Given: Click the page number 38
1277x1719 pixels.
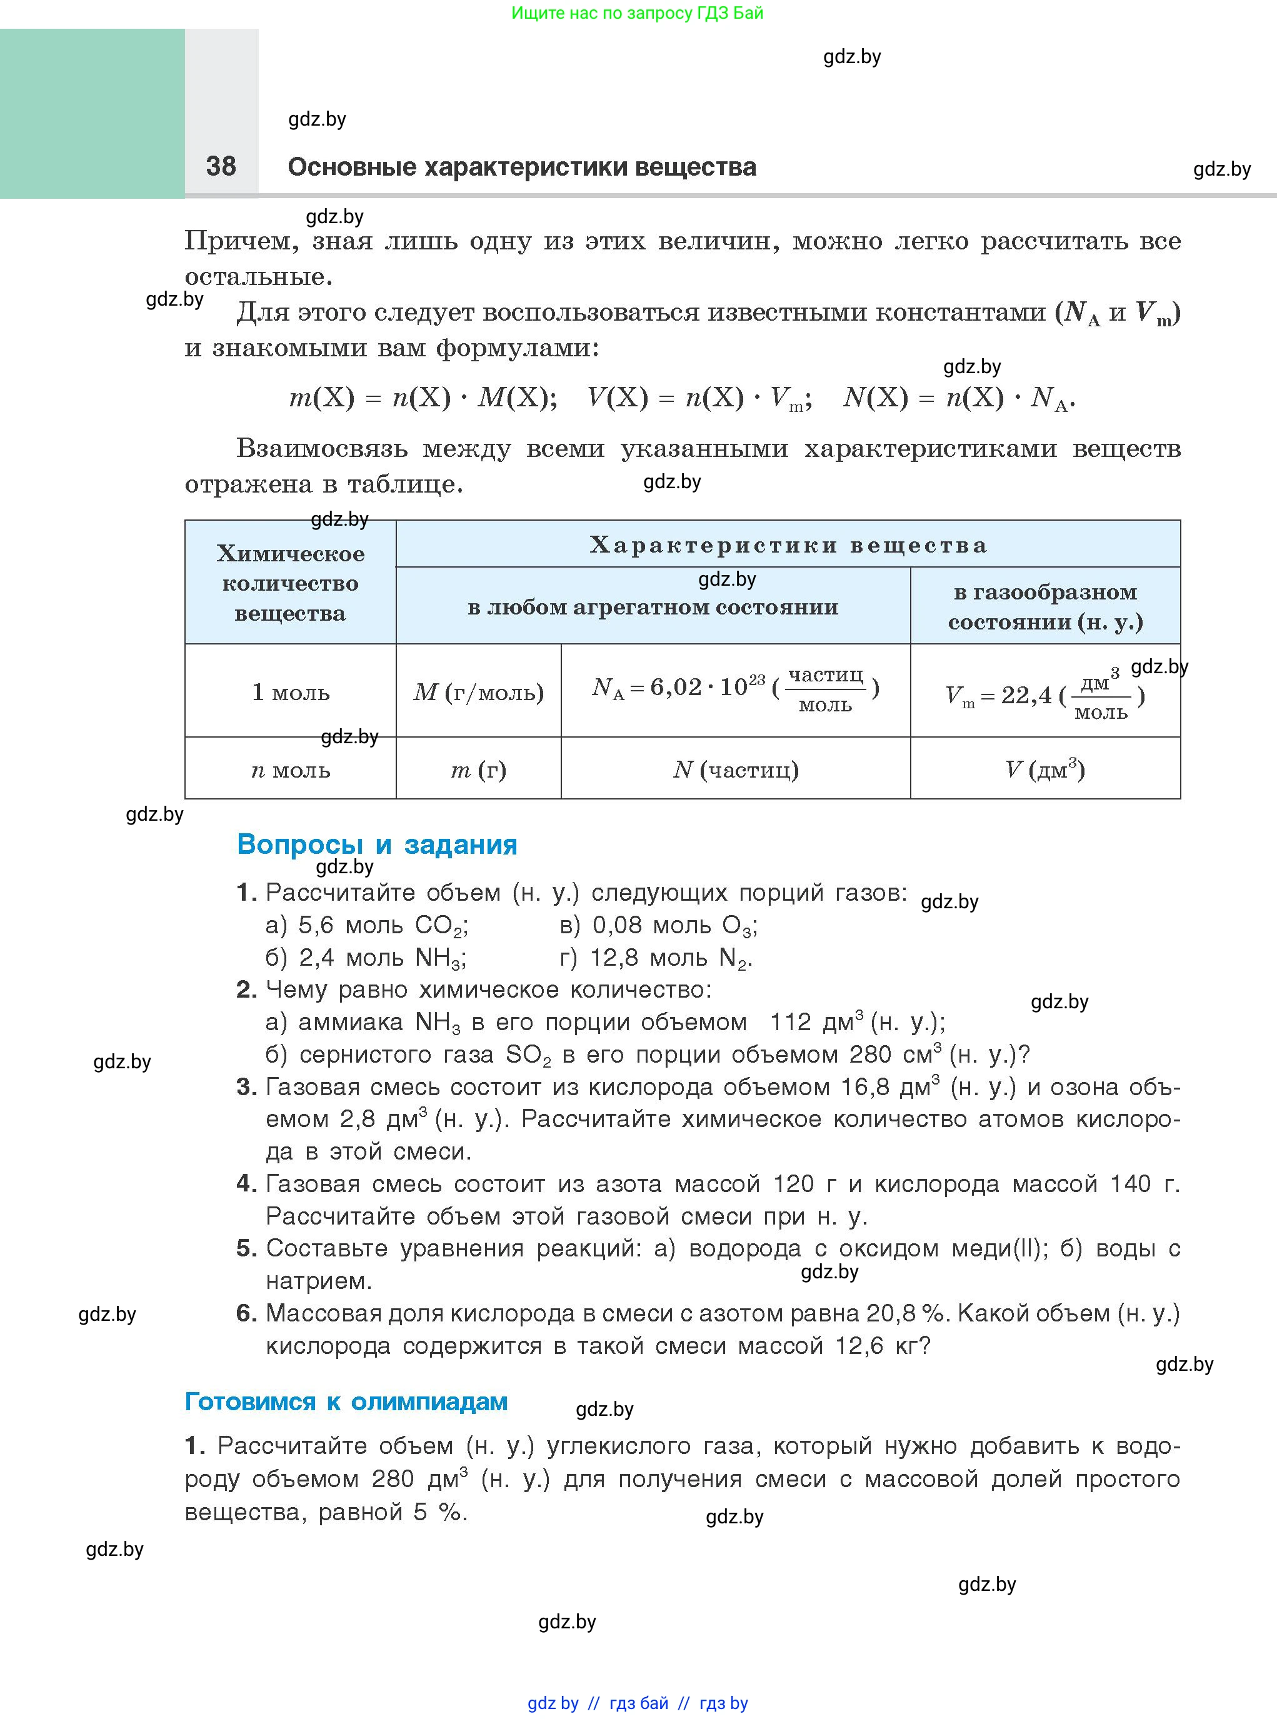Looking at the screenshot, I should coord(221,166).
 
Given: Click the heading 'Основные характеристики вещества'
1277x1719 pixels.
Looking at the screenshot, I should coord(522,167).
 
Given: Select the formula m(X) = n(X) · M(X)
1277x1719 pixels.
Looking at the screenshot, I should coord(422,398).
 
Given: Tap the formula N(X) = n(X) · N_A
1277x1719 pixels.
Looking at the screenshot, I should coord(958,398).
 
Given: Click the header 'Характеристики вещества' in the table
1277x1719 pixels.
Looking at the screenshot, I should coord(788,545).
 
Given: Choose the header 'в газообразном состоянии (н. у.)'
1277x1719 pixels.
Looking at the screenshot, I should coord(1045,607).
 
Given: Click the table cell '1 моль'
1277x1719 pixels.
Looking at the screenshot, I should coord(291,692).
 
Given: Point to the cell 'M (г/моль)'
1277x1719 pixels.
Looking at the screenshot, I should coord(479,692).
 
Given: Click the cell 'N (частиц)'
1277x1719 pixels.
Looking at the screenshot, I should coord(735,770).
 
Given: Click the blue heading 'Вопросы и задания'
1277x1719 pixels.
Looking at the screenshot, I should coord(378,844).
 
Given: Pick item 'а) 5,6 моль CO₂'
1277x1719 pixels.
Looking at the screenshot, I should coord(366,925).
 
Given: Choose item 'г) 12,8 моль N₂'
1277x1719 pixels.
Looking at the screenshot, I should coord(656,958).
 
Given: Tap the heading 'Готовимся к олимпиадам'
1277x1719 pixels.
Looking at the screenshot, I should coord(346,1401).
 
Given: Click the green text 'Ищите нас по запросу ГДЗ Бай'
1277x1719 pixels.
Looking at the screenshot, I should coord(637,13).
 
